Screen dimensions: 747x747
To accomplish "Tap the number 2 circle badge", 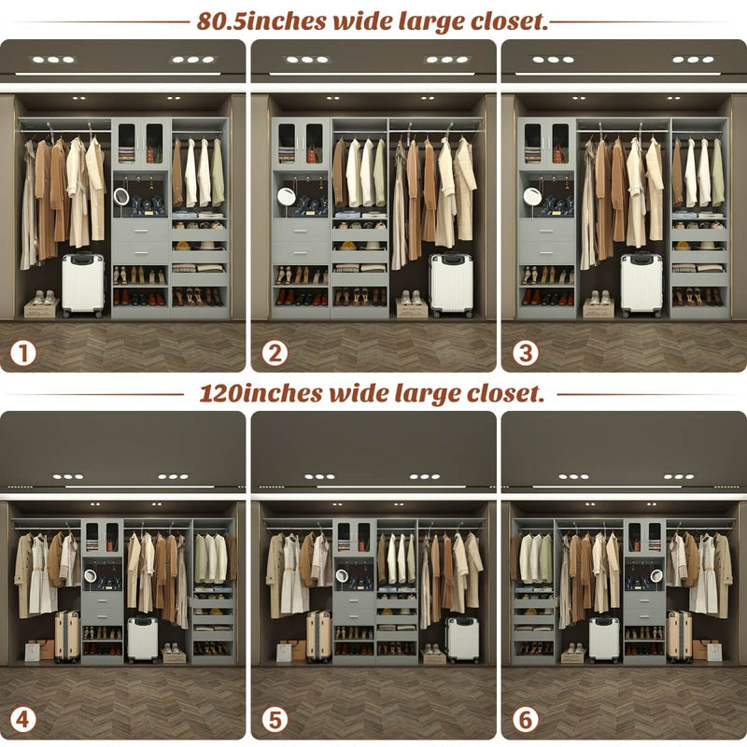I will point(275,354).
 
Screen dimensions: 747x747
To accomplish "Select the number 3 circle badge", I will point(525,354).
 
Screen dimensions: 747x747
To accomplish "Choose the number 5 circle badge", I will point(275,720).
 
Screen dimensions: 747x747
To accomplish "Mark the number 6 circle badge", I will point(525,720).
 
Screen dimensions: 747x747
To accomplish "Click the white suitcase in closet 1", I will point(83,285).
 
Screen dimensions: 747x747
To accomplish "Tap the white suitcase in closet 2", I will point(450,284).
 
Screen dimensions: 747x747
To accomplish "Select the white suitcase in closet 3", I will point(641,284).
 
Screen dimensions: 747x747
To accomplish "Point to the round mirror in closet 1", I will point(121,196).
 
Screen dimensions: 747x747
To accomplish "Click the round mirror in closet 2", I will point(286,196).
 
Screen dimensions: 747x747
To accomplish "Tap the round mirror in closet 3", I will point(532,196).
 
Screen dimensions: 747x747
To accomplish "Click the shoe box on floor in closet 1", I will point(41,306).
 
